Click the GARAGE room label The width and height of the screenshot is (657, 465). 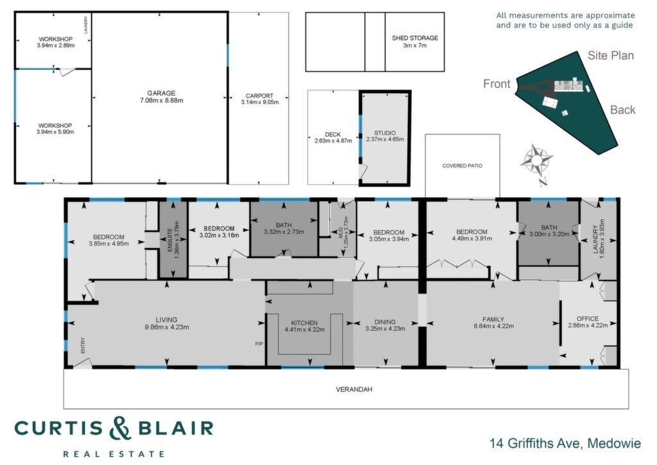coord(161,93)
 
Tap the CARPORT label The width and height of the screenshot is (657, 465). coord(259,96)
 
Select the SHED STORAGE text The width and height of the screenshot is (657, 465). coord(415,38)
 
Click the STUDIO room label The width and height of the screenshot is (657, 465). coord(385,133)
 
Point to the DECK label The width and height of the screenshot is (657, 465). coord(333,134)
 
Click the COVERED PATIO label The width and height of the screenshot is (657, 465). coord(462,166)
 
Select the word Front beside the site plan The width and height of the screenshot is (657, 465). coord(497,84)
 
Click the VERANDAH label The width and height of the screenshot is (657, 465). coord(354,389)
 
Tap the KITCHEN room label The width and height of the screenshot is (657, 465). coord(304,323)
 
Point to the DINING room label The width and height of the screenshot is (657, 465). coord(385,322)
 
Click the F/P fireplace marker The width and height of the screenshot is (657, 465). coord(259,344)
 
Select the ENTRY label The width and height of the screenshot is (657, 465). coord(83,345)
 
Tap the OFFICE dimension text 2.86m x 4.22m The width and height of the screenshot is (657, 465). coord(588,325)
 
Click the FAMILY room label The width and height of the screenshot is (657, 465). coord(493,319)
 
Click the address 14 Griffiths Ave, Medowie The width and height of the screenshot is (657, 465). coord(565,443)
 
